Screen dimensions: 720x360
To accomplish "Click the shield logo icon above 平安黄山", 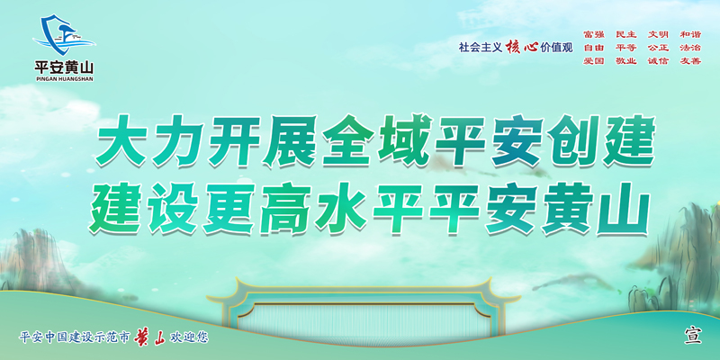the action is (x=63, y=35).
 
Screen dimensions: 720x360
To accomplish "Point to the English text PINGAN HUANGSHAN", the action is (x=64, y=79).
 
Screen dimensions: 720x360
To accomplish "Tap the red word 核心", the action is (x=522, y=48).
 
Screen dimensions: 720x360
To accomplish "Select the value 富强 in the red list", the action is (x=594, y=34).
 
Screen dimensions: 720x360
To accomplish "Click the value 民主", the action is (x=626, y=34).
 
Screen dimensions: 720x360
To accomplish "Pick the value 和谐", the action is (x=690, y=34).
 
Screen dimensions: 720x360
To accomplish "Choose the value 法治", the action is (x=690, y=48).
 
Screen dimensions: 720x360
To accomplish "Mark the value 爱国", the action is (x=594, y=60).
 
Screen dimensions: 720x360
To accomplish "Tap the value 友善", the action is (x=690, y=60).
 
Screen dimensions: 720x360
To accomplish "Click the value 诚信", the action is (x=659, y=60).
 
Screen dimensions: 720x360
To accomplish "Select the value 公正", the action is (x=659, y=48).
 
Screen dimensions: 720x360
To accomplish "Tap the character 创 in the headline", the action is (x=572, y=140).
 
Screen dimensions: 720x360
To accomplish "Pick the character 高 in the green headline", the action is (x=284, y=208).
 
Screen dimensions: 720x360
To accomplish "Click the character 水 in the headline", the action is (x=341, y=208).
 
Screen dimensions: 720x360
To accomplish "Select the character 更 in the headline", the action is (x=229, y=208).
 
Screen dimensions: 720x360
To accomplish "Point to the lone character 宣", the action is (x=693, y=335).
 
